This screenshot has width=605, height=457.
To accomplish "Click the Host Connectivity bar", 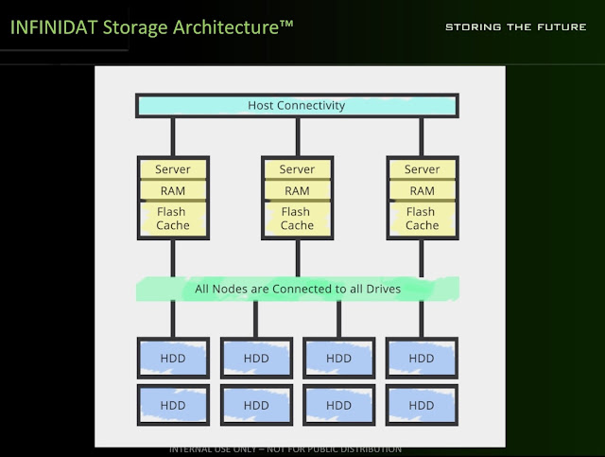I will [x=296, y=105].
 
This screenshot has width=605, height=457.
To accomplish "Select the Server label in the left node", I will [x=172, y=169].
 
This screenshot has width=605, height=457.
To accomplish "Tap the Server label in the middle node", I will [x=297, y=169].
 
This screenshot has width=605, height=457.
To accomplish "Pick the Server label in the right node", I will [x=422, y=169].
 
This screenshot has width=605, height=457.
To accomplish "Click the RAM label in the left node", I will [x=172, y=190].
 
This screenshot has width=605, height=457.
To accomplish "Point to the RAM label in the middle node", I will [x=297, y=190].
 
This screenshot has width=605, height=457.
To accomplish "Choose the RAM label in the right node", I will [x=422, y=190].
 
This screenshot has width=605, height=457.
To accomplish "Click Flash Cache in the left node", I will [x=172, y=219].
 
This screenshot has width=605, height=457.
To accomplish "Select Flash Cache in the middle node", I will [x=297, y=219].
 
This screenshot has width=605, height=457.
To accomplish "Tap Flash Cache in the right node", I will [x=422, y=219].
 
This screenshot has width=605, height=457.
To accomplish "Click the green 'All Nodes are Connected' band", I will [x=297, y=289].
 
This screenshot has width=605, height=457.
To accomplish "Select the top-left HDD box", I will [x=173, y=359].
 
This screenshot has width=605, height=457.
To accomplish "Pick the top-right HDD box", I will [x=422, y=359].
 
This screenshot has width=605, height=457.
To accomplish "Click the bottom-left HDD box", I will [x=173, y=405].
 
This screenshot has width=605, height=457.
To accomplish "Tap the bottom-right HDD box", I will [x=422, y=405].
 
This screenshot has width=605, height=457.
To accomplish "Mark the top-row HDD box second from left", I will [x=256, y=359].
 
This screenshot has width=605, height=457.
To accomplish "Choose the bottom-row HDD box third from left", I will [x=338, y=405].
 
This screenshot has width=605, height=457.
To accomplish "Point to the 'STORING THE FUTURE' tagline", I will [x=515, y=26].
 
